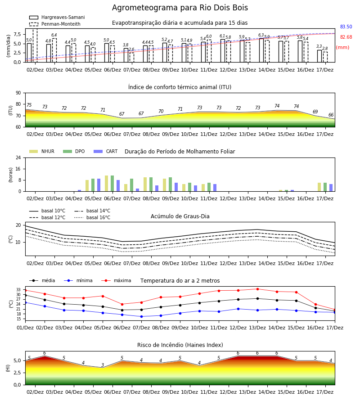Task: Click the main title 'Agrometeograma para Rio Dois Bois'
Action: coord(180,8)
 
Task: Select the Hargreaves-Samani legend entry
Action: coord(57,17)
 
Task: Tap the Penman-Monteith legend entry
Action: coord(55,24)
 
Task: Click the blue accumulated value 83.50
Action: coord(346,27)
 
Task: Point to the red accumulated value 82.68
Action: coord(346,37)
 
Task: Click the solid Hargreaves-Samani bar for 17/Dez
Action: coord(319,56)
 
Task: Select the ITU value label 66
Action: coord(331,115)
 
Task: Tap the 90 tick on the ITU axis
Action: coord(18,93)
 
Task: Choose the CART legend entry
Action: coord(106,151)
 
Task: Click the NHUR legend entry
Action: coord(42,151)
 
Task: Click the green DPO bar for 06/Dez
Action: coord(112,184)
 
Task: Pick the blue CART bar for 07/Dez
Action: coord(137,190)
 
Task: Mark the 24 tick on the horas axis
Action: coord(18,158)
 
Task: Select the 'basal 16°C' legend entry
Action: coord(92,217)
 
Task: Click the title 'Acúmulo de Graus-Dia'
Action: coord(180,216)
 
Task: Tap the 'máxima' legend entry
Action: coord(116,280)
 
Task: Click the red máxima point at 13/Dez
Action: coord(257,289)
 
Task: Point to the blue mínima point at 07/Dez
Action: coord(141,316)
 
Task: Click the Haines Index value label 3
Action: coord(103,365)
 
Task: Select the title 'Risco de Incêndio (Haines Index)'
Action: coord(180,345)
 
